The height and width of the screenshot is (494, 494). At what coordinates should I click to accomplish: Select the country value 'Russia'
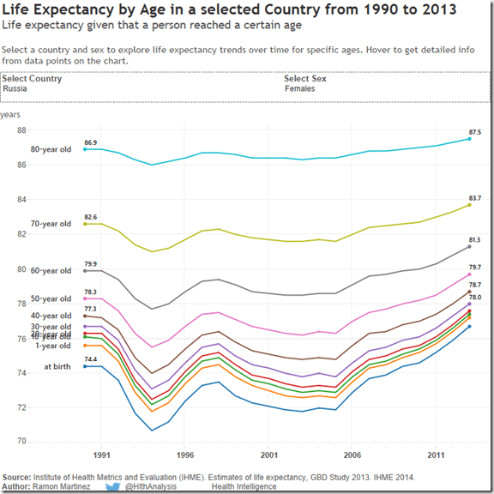coord(15,88)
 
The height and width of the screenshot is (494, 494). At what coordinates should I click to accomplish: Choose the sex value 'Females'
coord(299,88)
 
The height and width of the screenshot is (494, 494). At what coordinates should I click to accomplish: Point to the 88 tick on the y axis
coord(22,130)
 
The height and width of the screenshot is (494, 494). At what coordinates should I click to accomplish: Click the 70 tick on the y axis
coord(22,442)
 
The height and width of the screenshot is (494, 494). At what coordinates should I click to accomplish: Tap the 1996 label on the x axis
coord(186,455)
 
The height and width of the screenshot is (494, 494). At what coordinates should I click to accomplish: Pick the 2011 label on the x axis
coord(437,455)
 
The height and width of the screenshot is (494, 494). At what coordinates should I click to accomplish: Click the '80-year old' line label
coord(51,149)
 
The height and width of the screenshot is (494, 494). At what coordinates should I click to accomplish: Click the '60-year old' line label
coord(51,271)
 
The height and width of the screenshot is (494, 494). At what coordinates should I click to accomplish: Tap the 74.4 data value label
coord(90,359)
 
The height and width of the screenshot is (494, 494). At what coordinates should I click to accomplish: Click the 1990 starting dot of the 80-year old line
coord(85,149)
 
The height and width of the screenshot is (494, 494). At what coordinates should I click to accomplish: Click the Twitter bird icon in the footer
coord(112,486)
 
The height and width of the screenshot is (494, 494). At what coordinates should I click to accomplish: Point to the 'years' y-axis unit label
coord(10,114)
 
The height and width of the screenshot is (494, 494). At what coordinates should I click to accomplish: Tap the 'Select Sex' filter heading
coord(305,79)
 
